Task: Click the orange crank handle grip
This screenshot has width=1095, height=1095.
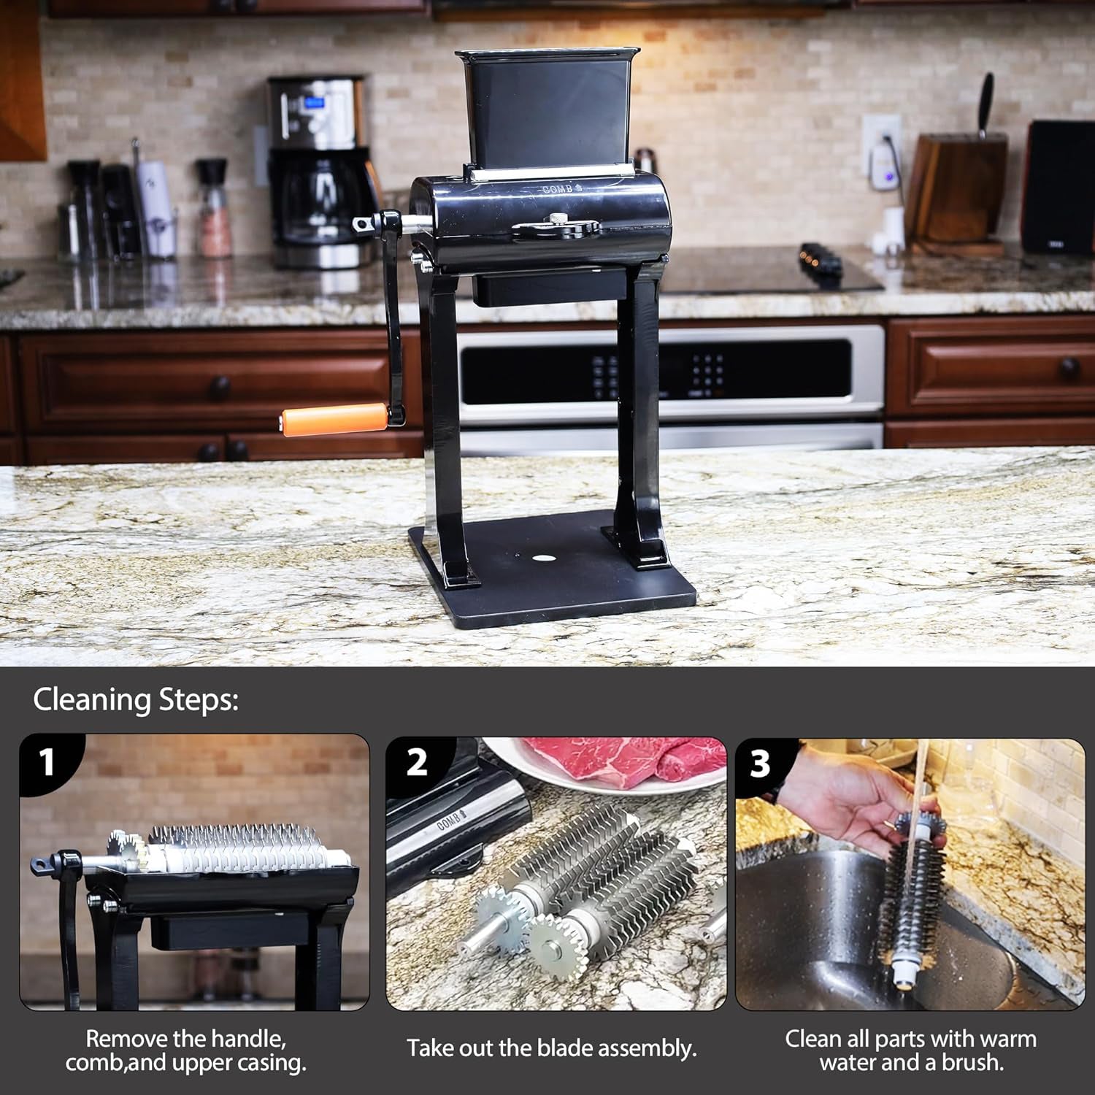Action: [x=335, y=419]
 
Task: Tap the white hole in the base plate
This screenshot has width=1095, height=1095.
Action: [x=543, y=558]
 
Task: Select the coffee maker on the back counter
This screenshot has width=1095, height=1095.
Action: [x=318, y=172]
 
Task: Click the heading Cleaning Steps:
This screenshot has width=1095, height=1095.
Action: [x=136, y=699]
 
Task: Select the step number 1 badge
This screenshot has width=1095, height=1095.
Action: [x=47, y=762]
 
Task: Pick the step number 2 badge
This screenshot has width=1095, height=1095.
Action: [x=416, y=763]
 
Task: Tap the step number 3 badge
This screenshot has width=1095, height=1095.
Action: [x=760, y=764]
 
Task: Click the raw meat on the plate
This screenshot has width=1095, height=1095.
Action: [x=628, y=759]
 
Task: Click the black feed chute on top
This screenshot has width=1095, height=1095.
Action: [x=547, y=109]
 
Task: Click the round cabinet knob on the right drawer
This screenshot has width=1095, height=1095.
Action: [x=1069, y=366]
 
